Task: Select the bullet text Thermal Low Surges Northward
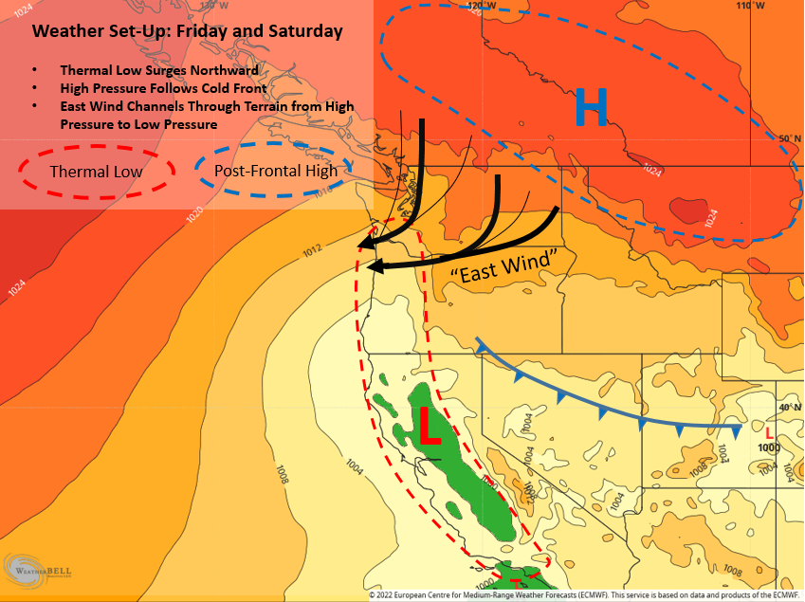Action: click(x=159, y=71)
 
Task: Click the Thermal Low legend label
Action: click(x=96, y=172)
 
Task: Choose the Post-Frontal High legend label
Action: click(x=276, y=171)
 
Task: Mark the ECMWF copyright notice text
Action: click(x=585, y=595)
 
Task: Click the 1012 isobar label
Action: click(x=314, y=249)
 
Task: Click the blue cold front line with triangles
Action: click(x=607, y=403)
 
